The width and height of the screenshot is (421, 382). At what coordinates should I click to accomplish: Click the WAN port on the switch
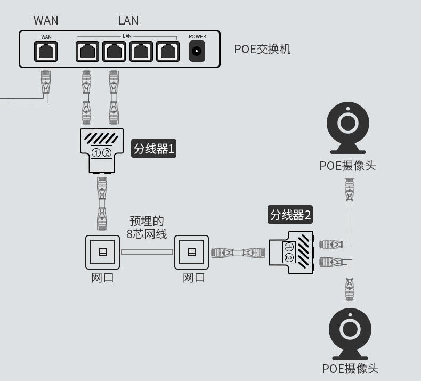(46, 52)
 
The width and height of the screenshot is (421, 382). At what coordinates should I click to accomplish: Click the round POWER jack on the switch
(197, 52)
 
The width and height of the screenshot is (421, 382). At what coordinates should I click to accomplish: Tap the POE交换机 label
(262, 50)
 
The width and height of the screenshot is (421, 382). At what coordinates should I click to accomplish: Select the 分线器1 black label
(153, 149)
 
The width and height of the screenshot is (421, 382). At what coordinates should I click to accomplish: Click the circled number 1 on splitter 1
(96, 153)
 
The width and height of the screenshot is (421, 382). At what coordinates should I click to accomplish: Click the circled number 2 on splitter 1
(107, 153)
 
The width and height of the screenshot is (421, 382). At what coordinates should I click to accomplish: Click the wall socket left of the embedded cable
(102, 252)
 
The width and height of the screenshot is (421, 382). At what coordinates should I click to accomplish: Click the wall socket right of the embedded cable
(191, 252)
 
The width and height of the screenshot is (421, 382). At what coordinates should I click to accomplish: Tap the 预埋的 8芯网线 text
(147, 227)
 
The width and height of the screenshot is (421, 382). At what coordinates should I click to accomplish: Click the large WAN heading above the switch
(46, 20)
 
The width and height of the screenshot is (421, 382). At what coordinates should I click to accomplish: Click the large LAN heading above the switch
(128, 20)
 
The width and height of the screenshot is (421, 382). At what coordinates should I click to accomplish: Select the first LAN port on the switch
(87, 52)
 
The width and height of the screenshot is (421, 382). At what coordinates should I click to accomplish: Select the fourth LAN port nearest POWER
(167, 52)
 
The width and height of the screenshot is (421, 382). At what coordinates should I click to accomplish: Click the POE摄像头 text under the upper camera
(347, 166)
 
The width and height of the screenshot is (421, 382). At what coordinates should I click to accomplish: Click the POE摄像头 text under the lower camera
(350, 368)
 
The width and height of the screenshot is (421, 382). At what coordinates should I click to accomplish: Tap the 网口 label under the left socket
(102, 278)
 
